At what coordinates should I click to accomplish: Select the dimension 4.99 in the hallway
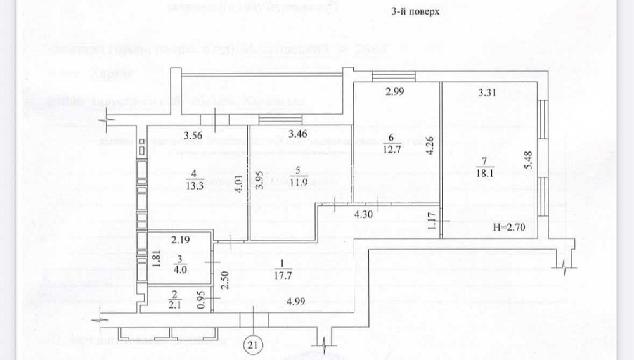[x=293, y=302]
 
